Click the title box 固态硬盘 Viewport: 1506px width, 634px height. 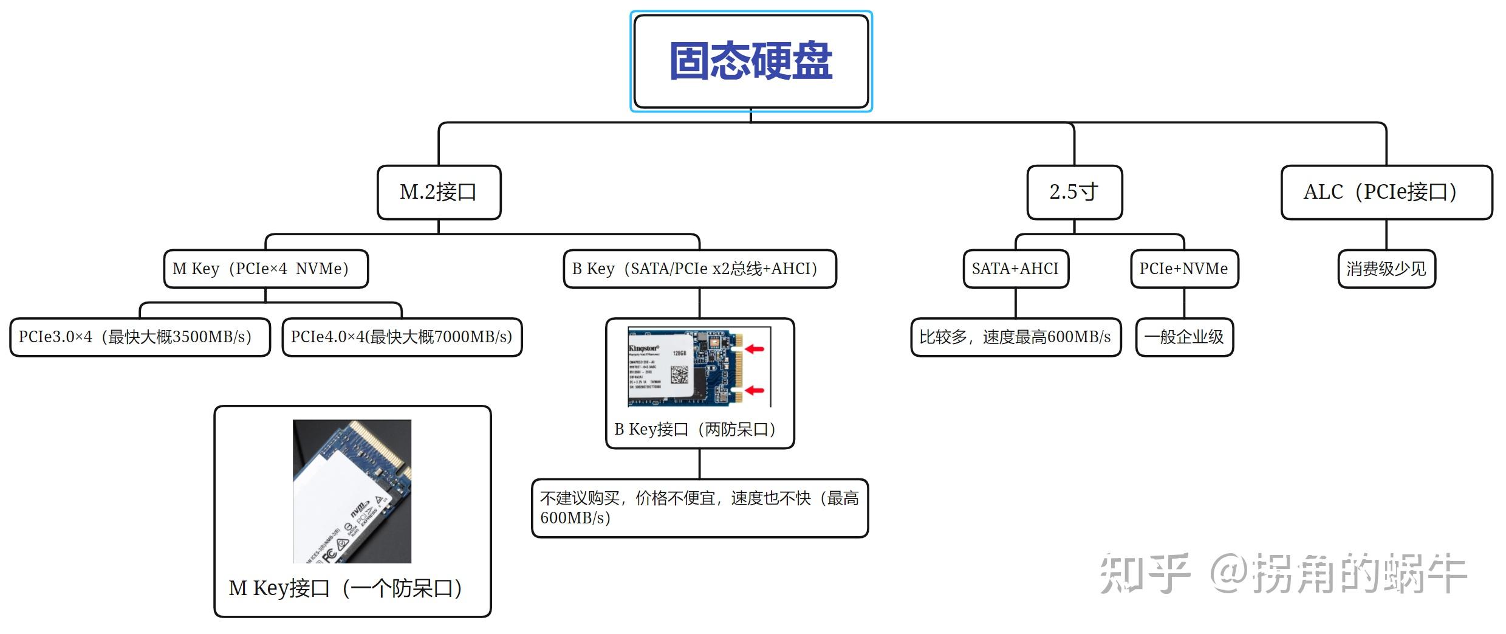coord(751,61)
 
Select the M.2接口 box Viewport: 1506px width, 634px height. coord(439,192)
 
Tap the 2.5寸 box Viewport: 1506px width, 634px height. coord(1074,192)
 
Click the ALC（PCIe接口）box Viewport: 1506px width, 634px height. coord(1386,192)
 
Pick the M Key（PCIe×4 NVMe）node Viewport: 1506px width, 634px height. coord(265,269)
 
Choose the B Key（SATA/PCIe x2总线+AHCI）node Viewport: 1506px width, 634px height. coord(699,269)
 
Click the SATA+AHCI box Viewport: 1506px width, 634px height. coord(1015,269)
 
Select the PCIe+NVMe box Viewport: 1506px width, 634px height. coord(1183,269)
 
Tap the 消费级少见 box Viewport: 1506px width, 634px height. coord(1386,269)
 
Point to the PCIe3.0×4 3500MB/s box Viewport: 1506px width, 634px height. coord(140,337)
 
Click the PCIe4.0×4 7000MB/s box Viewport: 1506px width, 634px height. coord(402,337)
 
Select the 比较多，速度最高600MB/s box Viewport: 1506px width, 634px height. coord(1015,337)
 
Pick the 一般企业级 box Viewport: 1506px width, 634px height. coord(1183,337)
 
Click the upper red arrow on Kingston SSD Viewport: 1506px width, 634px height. coord(755,349)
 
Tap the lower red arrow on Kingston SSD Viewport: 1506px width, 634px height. coord(755,390)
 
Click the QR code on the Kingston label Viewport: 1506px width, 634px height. coord(679,374)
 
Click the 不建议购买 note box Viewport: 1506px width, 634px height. coord(699,508)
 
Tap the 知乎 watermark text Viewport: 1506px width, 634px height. coord(1143,573)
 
